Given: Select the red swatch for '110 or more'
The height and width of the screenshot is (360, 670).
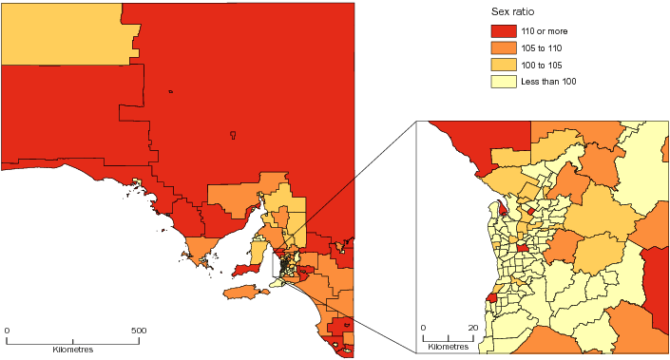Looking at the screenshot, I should [508, 33].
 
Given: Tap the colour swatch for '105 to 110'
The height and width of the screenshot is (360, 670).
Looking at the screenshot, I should [508, 48].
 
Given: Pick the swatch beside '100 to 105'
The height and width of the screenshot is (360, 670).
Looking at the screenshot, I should [508, 65].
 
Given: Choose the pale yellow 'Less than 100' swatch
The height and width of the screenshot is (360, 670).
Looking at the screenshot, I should [508, 81].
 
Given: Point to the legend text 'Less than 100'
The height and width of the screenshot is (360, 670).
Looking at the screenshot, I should [561, 81].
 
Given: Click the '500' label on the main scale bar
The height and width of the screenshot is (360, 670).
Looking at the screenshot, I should [139, 331].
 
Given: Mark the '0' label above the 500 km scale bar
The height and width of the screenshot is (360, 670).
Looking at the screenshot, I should [8, 331].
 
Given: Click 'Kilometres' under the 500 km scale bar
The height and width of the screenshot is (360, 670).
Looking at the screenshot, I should [73, 350].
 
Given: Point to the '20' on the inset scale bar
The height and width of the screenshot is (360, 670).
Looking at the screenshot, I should [472, 328].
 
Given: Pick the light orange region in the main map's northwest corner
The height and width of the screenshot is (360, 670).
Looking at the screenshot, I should [62, 33].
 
